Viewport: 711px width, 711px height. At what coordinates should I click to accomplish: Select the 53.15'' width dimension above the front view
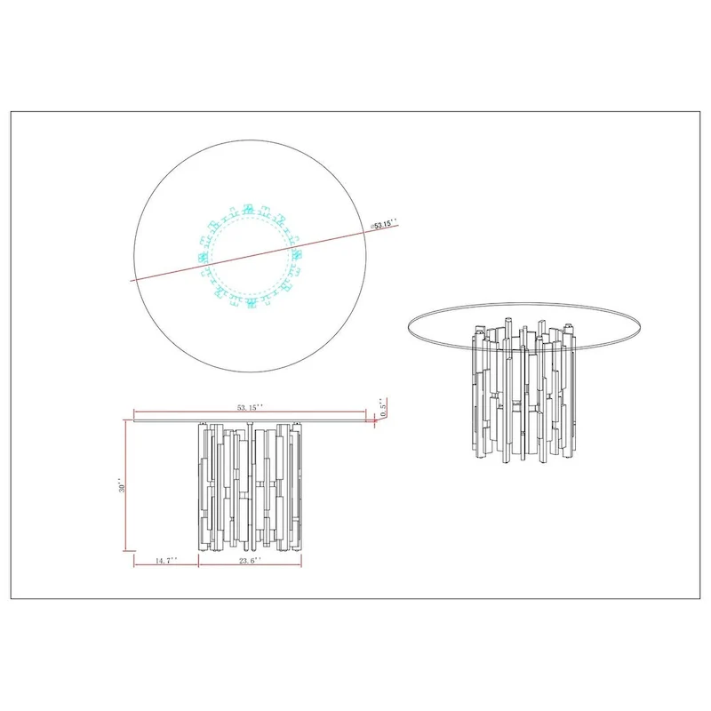(250, 407)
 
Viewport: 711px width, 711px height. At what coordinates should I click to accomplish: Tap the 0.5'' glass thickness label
(384, 411)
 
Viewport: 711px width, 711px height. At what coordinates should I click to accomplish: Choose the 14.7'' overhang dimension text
(164, 561)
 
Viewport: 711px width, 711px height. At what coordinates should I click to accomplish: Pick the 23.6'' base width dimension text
(250, 561)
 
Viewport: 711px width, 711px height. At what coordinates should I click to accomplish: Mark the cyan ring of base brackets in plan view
(252, 256)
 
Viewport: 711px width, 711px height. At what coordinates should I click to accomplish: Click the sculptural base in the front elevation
(250, 484)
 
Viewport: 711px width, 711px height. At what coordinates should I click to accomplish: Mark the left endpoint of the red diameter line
(132, 280)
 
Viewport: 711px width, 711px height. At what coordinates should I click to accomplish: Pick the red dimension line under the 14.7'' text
(165, 566)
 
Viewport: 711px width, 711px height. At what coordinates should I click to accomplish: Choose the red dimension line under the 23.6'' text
(250, 566)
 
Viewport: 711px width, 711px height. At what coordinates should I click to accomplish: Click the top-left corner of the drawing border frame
(10, 111)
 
